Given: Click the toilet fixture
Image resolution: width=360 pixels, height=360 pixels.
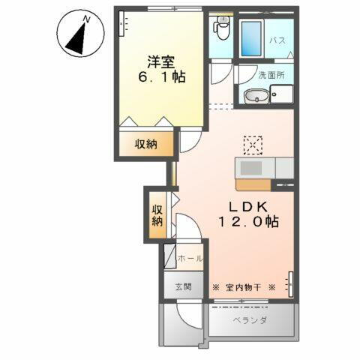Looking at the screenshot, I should [x=221, y=29].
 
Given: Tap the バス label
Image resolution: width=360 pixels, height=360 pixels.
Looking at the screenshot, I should [x=277, y=41].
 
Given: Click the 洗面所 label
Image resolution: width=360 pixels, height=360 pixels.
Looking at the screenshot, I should [x=272, y=75].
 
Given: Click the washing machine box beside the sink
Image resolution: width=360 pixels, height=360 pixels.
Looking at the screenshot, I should [x=282, y=95].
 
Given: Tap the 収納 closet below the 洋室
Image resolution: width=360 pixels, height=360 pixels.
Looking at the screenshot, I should [x=146, y=144].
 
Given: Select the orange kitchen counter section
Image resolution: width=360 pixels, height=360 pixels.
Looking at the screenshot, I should [x=254, y=183].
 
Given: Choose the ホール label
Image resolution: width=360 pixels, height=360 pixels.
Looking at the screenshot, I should [x=190, y=258].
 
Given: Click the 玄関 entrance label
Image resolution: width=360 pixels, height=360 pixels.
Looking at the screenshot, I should [x=184, y=286].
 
